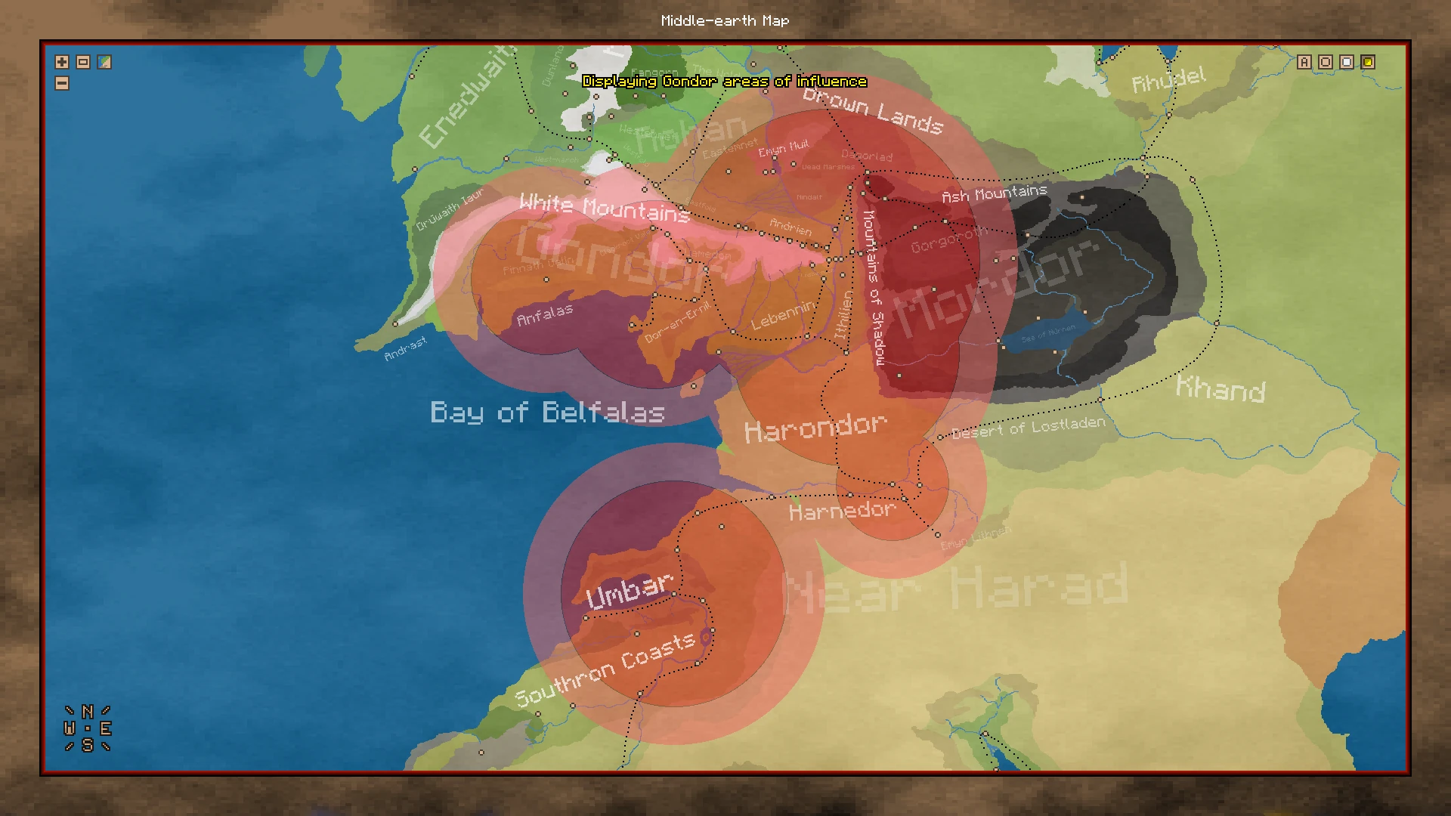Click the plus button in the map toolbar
(62, 62)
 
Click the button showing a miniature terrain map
(104, 62)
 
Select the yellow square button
(1368, 62)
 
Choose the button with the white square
(1347, 62)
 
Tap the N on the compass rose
(88, 712)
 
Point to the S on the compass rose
(88, 746)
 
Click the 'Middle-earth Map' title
(725, 21)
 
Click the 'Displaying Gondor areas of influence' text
(725, 82)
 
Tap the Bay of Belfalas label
(547, 413)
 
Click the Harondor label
(815, 428)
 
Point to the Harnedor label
(842, 512)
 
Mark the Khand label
(1221, 388)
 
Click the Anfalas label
(544, 314)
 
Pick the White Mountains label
(605, 207)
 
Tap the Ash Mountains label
(995, 193)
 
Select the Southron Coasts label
(605, 669)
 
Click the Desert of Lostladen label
(1028, 428)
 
